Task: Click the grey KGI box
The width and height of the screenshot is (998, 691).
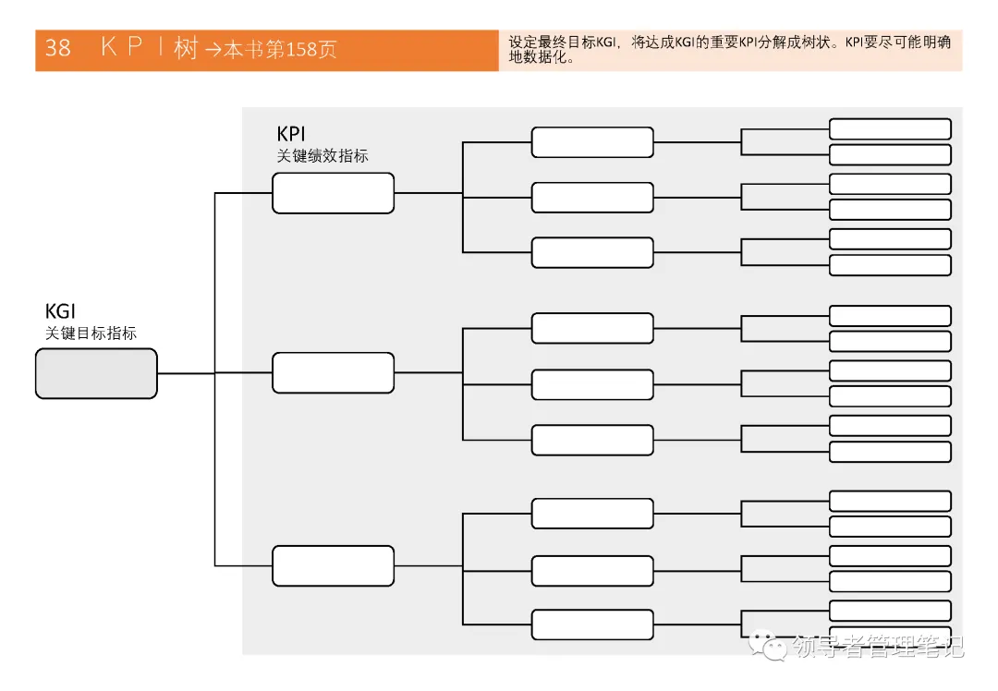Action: pos(96,373)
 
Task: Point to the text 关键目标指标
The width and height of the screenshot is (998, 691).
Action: pos(91,333)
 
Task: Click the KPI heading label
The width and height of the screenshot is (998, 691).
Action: pos(291,135)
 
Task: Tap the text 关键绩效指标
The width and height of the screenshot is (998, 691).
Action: pos(323,156)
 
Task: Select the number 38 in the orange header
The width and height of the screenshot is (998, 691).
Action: pos(57,49)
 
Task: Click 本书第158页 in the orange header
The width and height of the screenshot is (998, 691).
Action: pos(275,50)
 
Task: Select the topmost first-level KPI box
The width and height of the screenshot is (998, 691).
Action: pos(333,193)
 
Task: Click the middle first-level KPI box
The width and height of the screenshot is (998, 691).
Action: pos(333,372)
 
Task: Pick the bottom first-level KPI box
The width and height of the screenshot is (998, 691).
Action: pos(333,565)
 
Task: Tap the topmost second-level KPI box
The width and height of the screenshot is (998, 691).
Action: pos(592,142)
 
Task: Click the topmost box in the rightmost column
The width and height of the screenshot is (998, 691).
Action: pos(890,128)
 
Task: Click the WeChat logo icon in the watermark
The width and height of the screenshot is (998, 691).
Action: pos(769,646)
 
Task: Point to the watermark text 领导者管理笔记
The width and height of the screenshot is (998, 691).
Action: pos(879,647)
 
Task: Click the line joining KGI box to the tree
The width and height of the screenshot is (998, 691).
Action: pos(185,373)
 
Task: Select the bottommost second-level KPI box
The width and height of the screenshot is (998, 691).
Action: pos(592,624)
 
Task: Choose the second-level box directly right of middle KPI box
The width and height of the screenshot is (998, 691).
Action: pos(592,383)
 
